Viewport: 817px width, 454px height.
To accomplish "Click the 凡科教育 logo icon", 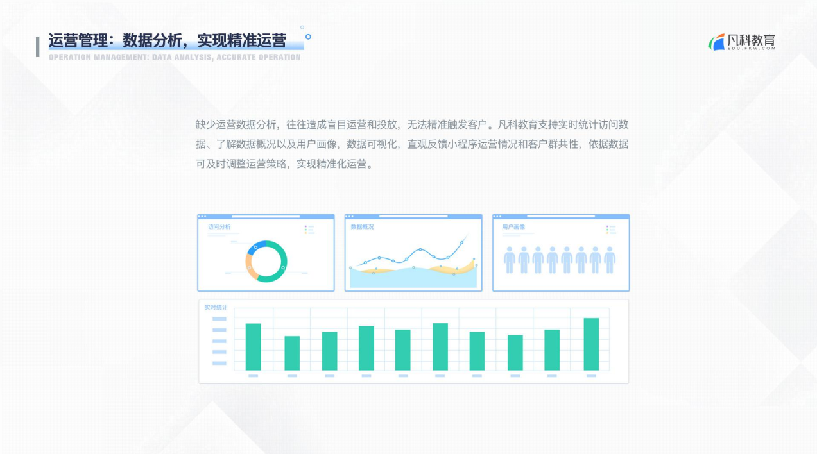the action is tap(717, 42).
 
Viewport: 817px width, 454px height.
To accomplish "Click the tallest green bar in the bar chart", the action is tap(591, 344).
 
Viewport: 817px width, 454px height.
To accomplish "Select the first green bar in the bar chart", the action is tap(253, 347).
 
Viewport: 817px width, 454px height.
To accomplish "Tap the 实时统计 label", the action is tap(216, 308).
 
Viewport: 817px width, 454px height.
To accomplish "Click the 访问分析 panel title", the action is tap(219, 226).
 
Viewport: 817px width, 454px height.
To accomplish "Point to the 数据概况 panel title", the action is tap(362, 226).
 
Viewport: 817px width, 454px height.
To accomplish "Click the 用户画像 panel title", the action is tap(513, 226).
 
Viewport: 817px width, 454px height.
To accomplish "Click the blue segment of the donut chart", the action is tap(255, 247).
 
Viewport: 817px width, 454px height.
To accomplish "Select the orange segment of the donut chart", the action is tap(250, 267).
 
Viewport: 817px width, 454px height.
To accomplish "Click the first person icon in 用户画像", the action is tap(510, 260).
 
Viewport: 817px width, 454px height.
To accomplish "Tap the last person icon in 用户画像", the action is tap(610, 260).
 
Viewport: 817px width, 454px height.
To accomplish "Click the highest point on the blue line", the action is tap(461, 242).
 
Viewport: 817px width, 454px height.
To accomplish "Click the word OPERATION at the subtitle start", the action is tap(70, 57).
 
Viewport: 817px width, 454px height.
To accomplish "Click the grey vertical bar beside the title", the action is tap(38, 47).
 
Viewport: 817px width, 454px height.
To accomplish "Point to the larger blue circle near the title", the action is tap(308, 37).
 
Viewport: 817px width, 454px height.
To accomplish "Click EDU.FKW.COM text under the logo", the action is tap(752, 48).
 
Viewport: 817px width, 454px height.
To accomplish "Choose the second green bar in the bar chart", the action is tap(292, 353).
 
